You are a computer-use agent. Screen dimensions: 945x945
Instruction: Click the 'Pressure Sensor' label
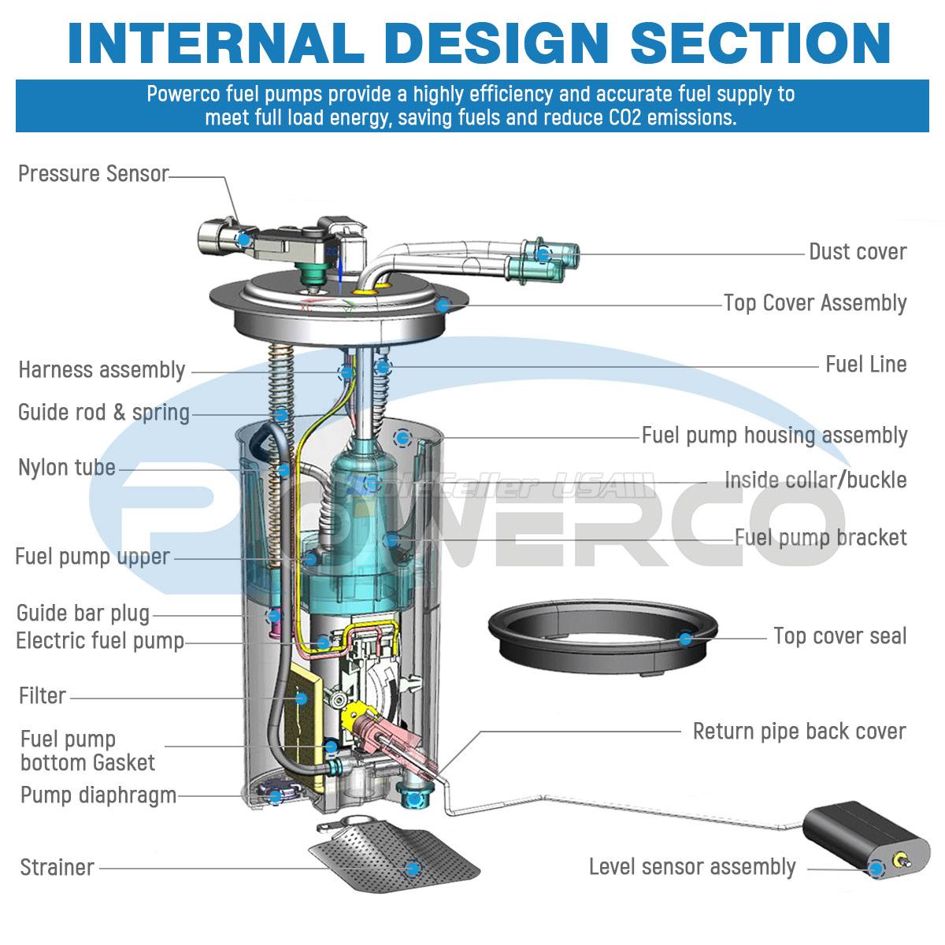[93, 173]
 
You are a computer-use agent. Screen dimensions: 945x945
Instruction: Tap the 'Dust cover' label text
[858, 252]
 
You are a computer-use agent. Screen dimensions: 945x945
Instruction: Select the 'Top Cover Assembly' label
[815, 303]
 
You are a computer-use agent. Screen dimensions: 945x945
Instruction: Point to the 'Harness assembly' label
[102, 370]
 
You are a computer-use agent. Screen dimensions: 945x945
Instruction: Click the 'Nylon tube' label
[67, 468]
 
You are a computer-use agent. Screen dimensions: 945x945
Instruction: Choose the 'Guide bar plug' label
[83, 613]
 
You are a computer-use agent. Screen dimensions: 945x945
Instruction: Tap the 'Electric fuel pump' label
[100, 641]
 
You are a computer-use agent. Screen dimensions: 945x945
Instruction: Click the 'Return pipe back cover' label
[799, 731]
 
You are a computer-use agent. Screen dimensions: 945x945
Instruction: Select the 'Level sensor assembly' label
[692, 867]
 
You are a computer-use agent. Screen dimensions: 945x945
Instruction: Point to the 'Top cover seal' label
[839, 636]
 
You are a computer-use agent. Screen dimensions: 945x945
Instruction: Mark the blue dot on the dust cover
[543, 254]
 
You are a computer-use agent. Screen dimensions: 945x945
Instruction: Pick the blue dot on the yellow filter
[300, 698]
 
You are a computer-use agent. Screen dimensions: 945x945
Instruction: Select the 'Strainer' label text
[57, 867]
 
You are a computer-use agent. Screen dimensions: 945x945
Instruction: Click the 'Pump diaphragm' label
[98, 795]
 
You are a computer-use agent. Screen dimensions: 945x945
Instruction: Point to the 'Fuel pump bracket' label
[821, 538]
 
